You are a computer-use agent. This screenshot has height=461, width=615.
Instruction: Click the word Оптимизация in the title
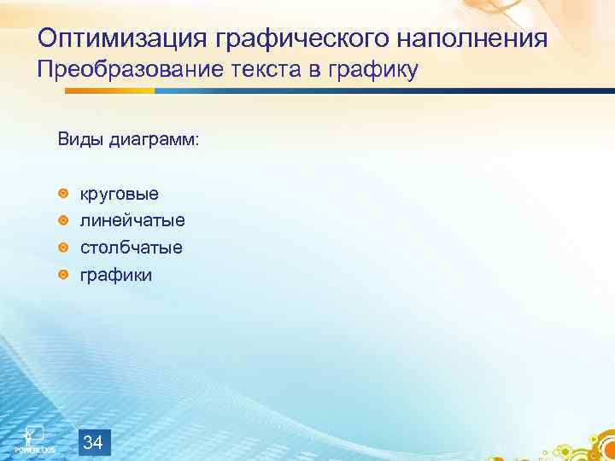coord(126,38)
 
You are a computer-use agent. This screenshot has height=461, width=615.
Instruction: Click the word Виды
coord(80,139)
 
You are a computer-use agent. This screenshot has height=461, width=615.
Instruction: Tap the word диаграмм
coord(153,139)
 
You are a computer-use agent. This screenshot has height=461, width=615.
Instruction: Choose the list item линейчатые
coord(132,220)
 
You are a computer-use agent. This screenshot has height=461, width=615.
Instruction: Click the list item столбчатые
coord(131,248)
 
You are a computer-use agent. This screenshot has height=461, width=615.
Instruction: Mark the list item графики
coord(116,275)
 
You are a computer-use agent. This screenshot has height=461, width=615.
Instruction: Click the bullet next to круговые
coord(63,195)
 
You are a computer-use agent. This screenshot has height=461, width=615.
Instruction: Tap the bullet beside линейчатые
coord(63,221)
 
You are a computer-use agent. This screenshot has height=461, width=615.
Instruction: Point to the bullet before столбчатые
coord(63,248)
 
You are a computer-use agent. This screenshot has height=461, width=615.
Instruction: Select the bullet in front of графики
coord(63,275)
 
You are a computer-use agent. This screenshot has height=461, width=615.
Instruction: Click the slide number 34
coord(95,442)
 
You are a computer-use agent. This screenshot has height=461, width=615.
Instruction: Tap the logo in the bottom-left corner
coord(34,437)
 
